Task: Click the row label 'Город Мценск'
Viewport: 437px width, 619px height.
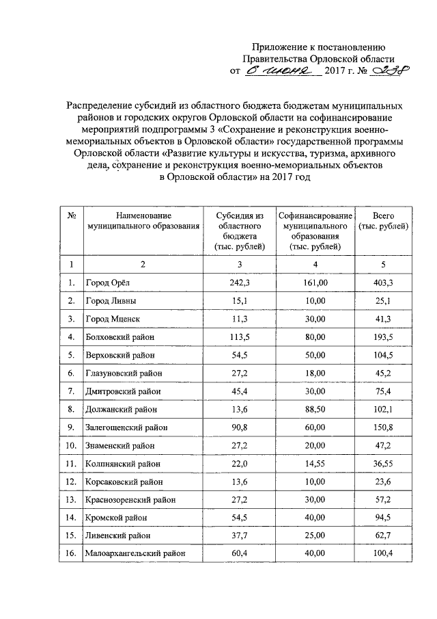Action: click(112, 319)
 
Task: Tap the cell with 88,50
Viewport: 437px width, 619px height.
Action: click(315, 409)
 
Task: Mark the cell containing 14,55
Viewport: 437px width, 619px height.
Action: click(315, 463)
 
